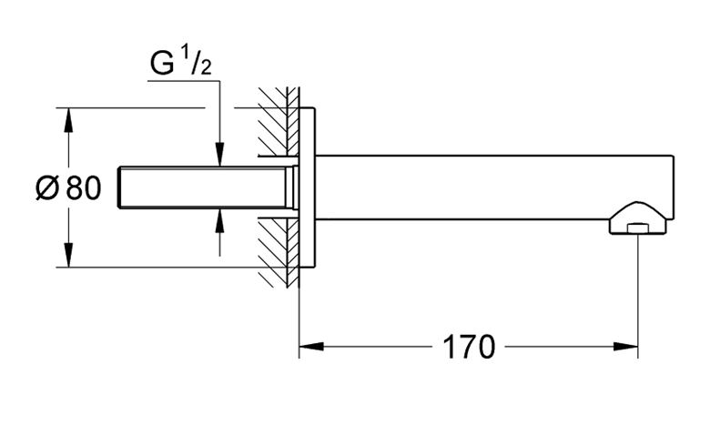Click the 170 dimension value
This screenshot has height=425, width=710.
point(469,347)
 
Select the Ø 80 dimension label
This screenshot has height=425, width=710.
point(68,187)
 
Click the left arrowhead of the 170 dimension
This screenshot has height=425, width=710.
point(311,347)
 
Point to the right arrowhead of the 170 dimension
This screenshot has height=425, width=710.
point(625,347)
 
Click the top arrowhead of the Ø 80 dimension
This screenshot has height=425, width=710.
point(68,120)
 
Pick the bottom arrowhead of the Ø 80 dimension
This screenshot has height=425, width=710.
point(68,255)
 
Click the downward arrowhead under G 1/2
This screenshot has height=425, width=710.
point(219,155)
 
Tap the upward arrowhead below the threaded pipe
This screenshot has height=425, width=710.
point(219,220)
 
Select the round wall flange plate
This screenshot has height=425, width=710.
point(307,187)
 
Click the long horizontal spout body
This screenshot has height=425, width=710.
point(493,187)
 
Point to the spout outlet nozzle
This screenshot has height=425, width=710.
point(638,218)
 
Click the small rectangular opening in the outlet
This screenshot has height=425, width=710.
point(638,228)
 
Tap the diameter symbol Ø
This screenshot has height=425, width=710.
point(47,187)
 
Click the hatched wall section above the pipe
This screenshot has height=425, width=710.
point(279,121)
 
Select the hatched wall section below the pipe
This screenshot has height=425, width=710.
point(279,253)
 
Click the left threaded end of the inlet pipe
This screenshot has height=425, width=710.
point(120,187)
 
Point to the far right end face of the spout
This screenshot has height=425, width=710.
point(674,187)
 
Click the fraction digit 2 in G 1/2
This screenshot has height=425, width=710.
point(206,68)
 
